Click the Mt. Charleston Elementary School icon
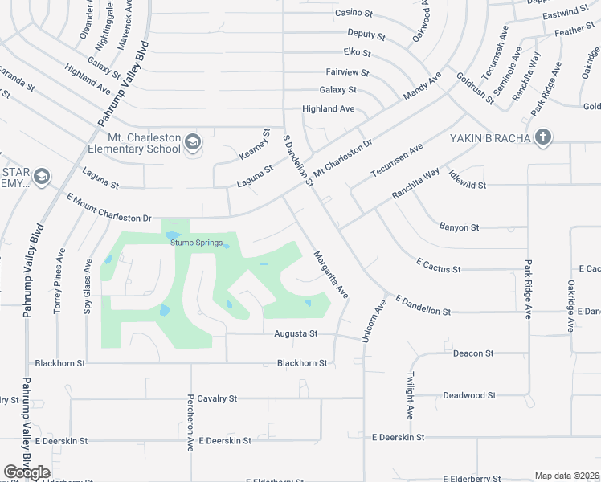click(193, 143)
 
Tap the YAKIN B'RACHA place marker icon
click(542, 137)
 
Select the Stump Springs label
click(196, 242)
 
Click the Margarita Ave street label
click(329, 274)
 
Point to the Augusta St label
click(296, 333)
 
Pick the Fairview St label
click(347, 72)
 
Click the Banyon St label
click(459, 227)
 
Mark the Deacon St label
click(472, 353)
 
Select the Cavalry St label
click(217, 398)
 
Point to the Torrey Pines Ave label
click(59, 280)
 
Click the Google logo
click(27, 472)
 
